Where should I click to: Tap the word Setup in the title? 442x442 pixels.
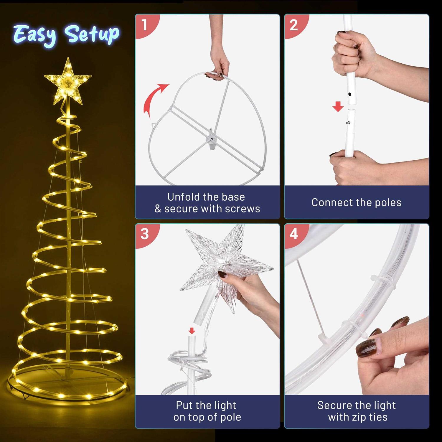[92, 34]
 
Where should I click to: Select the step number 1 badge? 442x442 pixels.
[144, 25]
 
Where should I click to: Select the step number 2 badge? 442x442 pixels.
[293, 25]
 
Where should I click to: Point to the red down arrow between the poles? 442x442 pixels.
[338, 107]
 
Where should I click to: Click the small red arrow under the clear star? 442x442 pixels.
[192, 330]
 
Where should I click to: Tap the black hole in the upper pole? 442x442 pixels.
[350, 95]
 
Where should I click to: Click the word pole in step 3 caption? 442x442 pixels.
[231, 417]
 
